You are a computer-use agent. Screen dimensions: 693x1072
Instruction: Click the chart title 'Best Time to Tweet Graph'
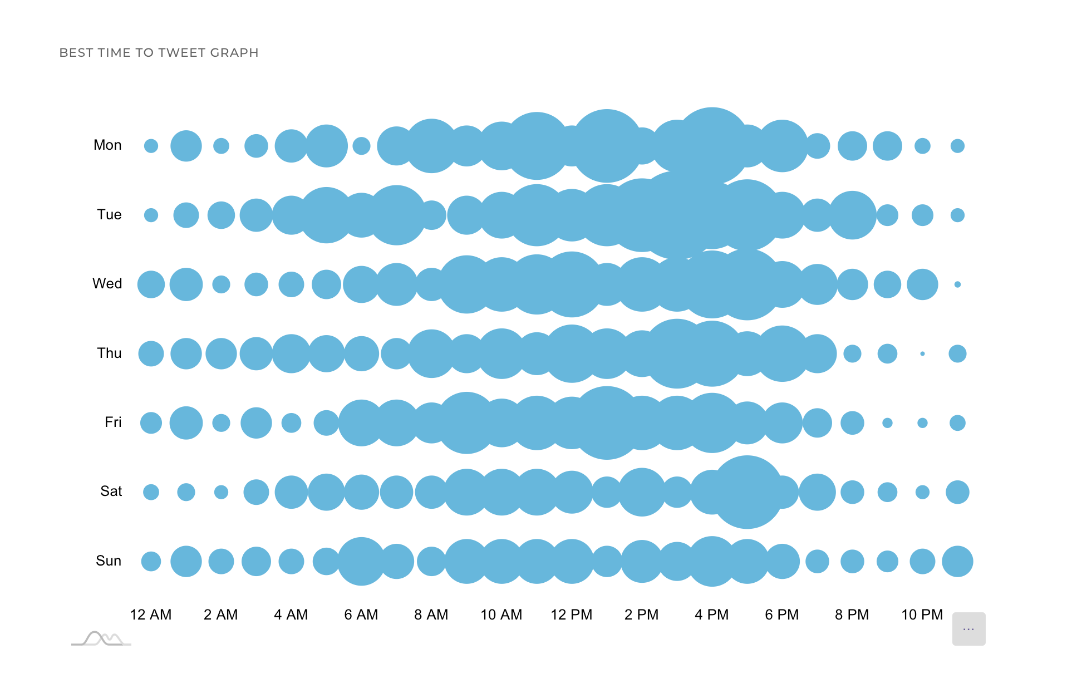pos(159,52)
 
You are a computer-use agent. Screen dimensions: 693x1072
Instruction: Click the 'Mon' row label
pos(107,145)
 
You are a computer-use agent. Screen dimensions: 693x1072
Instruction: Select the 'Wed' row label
pos(107,284)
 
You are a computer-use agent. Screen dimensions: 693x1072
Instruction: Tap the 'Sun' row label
pos(109,561)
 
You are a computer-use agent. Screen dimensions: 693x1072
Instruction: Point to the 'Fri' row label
pos(113,422)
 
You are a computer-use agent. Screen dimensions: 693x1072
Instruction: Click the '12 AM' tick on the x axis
pos(151,615)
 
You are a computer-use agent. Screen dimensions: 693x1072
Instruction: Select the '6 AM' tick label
pos(361,615)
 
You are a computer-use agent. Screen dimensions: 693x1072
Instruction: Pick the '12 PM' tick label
pos(572,615)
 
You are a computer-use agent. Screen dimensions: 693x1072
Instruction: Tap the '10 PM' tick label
pos(922,615)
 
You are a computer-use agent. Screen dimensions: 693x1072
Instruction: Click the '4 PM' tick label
pos(712,615)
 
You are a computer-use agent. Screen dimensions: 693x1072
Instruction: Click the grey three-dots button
pos(968,629)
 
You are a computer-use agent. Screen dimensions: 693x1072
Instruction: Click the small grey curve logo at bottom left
pos(101,638)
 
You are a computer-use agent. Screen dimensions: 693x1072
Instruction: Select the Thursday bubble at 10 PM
pos(922,353)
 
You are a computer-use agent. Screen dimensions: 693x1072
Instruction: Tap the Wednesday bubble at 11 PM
pos(957,284)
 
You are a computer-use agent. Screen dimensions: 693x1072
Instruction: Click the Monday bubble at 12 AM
pos(151,146)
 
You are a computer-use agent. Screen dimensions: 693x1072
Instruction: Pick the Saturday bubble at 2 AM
pos(221,492)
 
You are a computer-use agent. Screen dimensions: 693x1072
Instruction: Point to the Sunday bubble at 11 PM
pos(957,561)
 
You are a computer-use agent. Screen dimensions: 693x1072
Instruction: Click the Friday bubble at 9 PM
pos(887,423)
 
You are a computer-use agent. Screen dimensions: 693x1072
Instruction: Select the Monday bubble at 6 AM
pos(361,146)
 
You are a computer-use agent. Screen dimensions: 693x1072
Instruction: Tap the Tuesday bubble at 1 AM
pos(186,215)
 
